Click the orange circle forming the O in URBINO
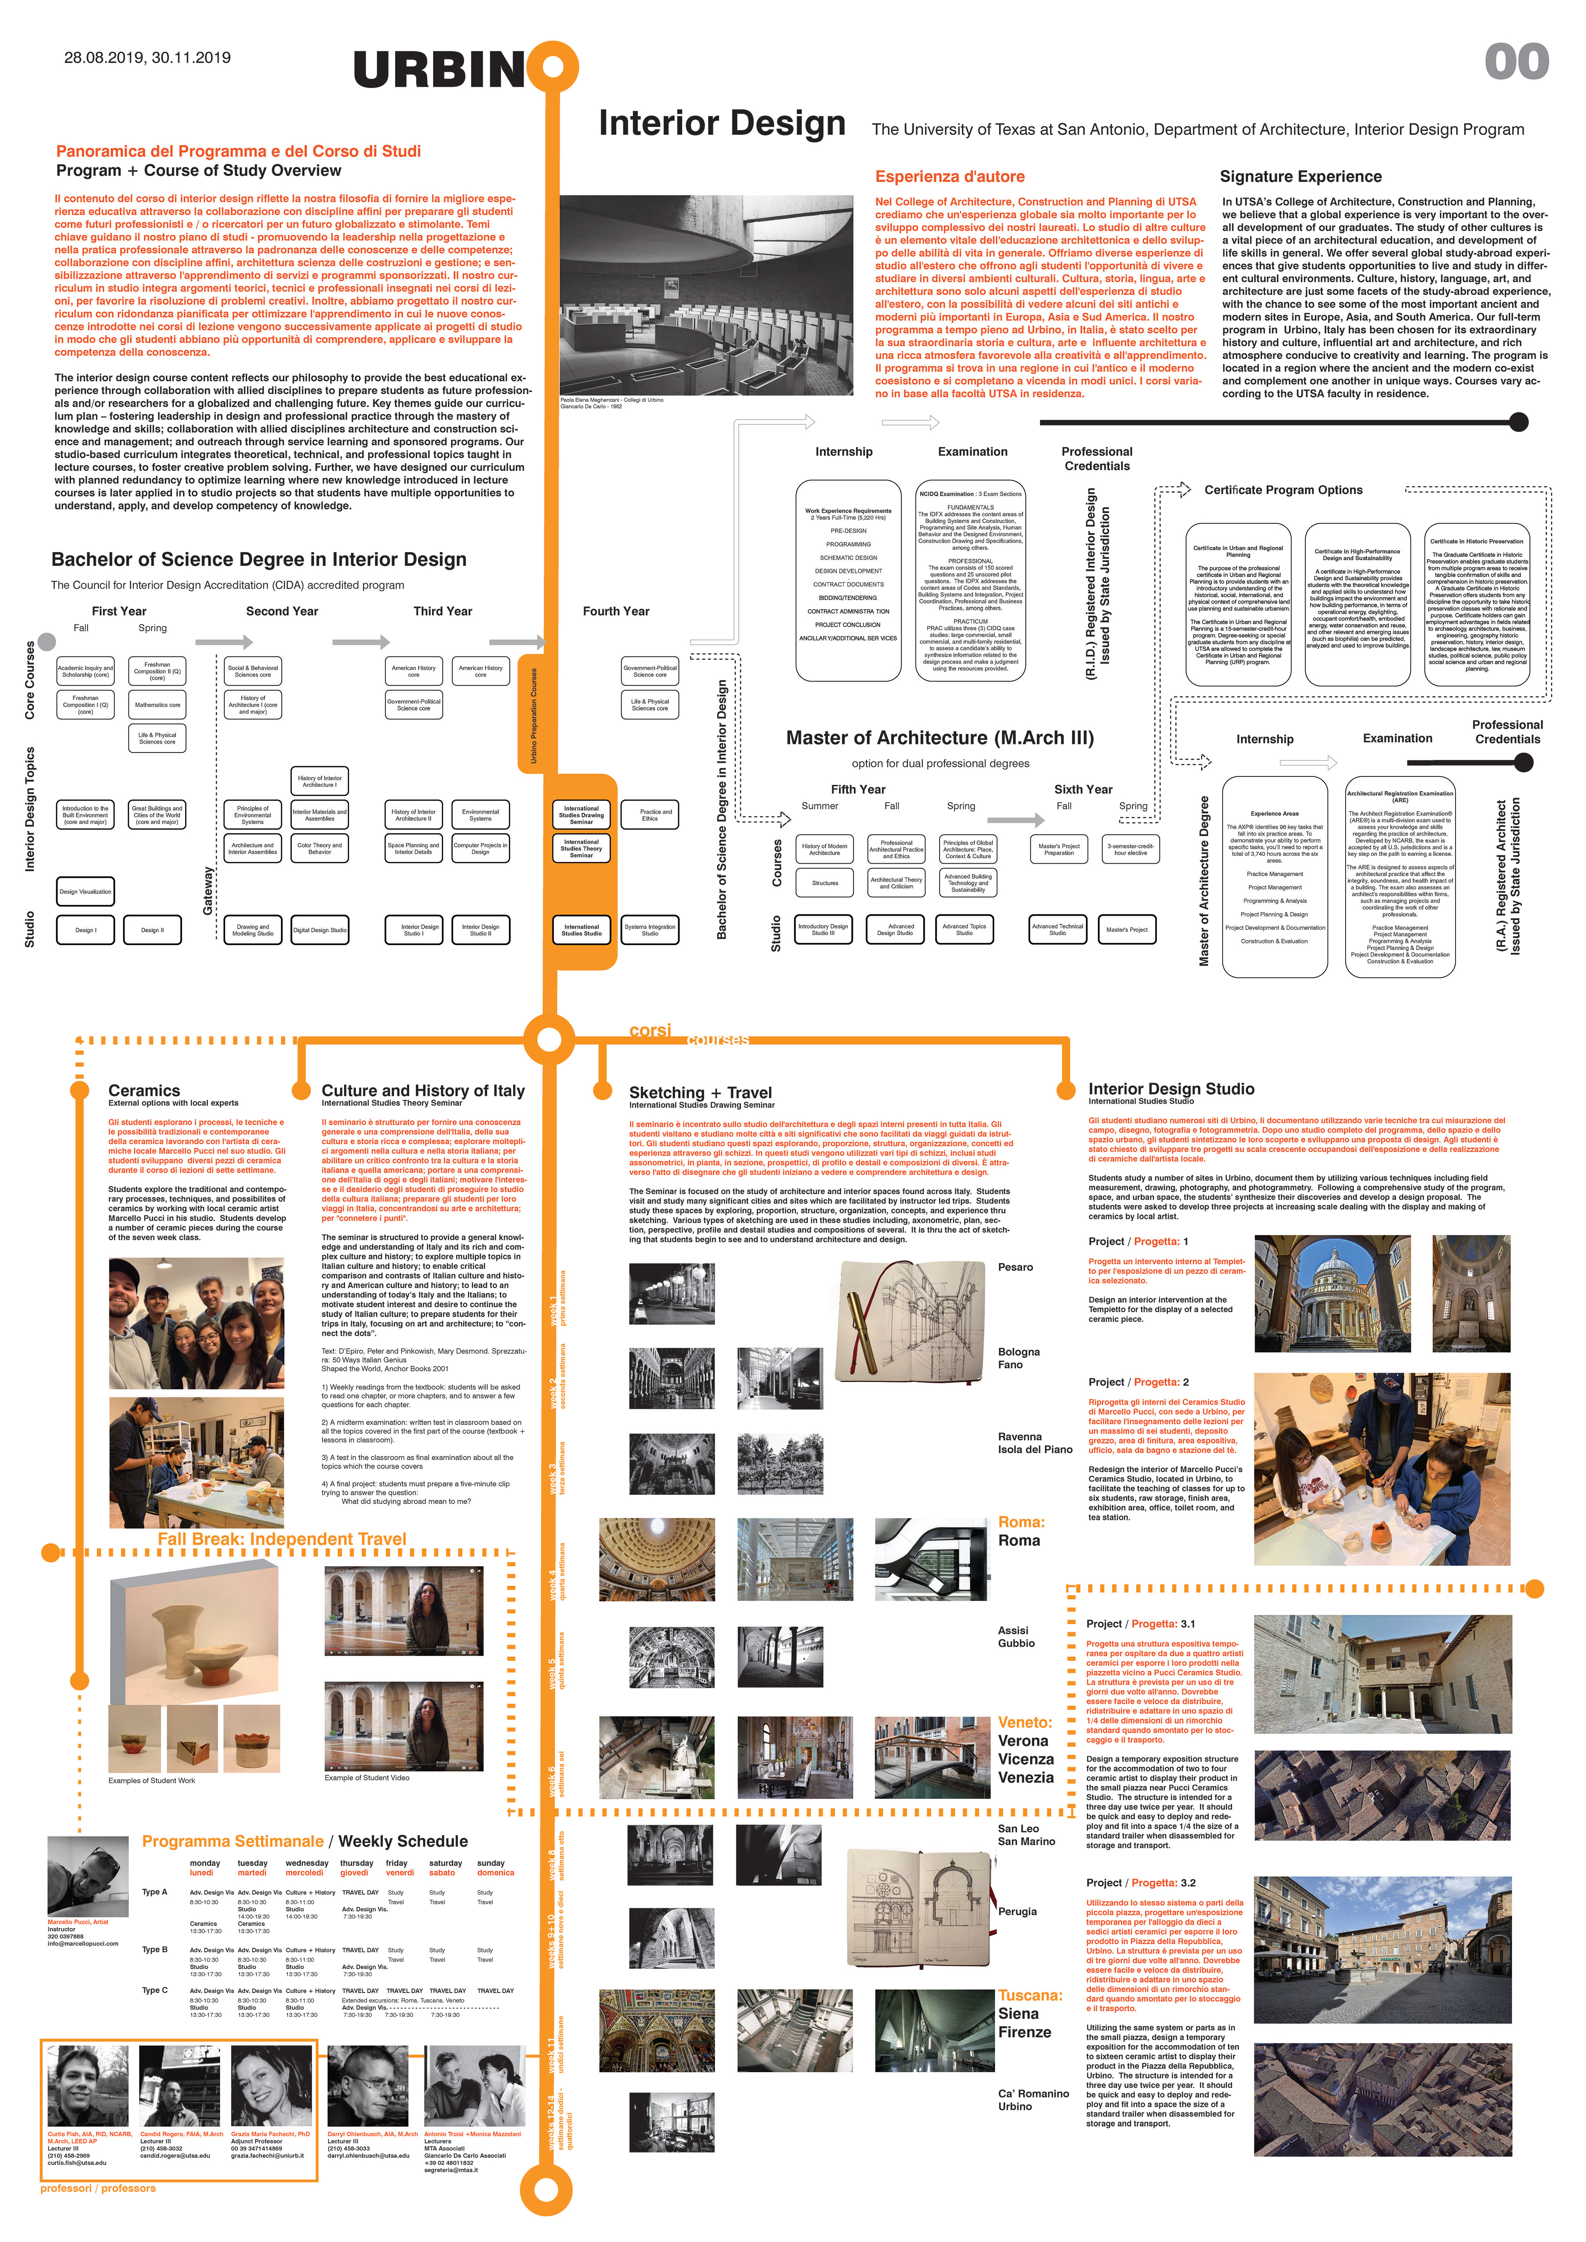553,66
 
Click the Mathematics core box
157,704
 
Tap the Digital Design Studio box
319,930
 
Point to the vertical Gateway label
207,891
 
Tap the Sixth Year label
1083,789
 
